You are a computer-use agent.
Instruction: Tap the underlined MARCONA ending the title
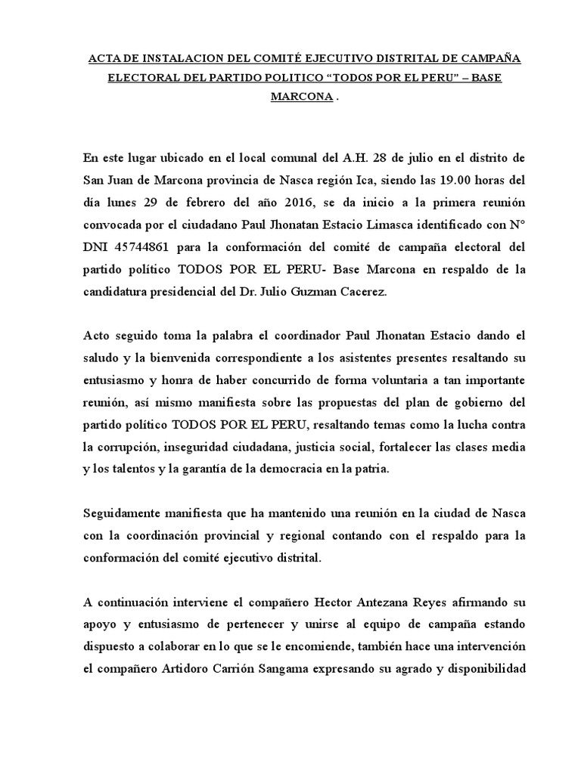tap(301, 99)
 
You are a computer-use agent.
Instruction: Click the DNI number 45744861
tap(148, 249)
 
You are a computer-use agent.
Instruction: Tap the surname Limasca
tap(437, 227)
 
